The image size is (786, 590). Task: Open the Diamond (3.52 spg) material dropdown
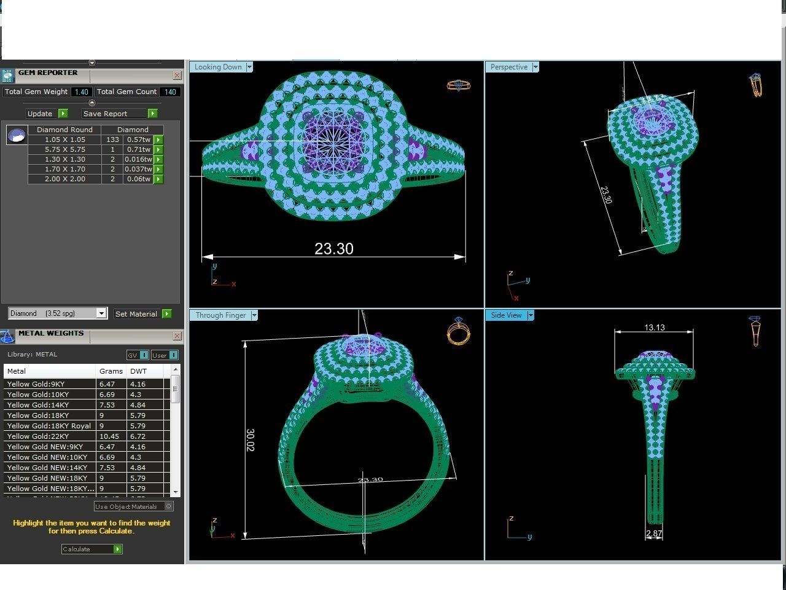(101, 313)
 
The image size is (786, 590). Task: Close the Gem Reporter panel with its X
(177, 76)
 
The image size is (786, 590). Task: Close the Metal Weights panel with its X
(177, 336)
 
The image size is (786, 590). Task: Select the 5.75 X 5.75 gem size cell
(64, 149)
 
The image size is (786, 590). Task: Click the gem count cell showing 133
(112, 140)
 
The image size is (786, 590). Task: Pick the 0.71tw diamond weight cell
(138, 149)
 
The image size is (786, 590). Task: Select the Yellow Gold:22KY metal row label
(37, 436)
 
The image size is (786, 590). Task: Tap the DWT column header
(138, 371)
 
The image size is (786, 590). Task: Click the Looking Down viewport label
(218, 67)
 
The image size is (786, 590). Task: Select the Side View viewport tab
(506, 315)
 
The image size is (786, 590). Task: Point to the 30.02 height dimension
(250, 440)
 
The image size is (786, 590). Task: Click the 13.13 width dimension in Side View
(654, 328)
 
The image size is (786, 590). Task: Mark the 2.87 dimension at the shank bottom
(654, 533)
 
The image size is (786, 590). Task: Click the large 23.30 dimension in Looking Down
(333, 248)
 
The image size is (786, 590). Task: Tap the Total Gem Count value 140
(169, 92)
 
